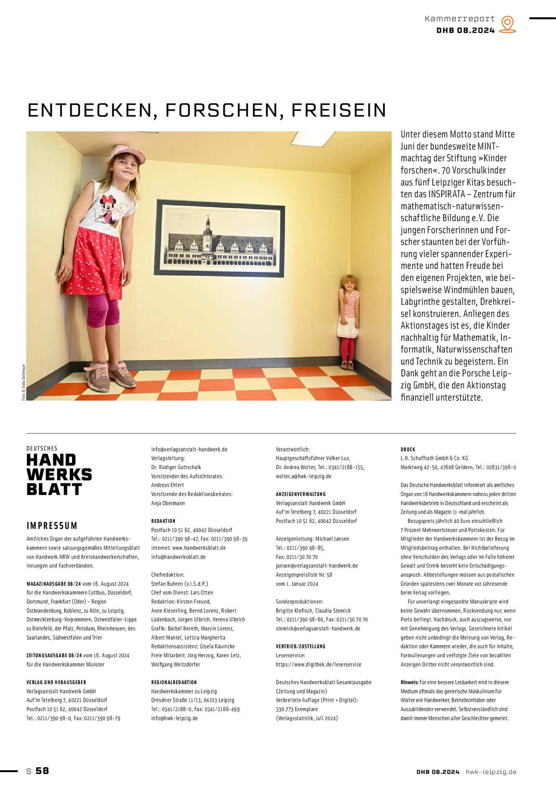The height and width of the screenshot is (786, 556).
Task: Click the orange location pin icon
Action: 507,24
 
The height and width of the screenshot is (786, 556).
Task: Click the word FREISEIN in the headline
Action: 338,110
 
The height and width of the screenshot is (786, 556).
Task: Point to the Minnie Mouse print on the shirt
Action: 109,208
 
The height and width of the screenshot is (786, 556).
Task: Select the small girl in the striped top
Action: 348,321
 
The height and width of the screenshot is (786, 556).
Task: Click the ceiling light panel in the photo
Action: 312,138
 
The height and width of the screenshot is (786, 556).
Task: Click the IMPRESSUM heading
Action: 52,526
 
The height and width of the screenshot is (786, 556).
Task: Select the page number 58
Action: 42,770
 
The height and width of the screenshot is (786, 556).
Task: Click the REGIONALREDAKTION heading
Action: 174,682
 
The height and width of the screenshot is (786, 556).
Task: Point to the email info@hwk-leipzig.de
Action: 174,718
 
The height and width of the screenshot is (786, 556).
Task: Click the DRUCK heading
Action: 408,449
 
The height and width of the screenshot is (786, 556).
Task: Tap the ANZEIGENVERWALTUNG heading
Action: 301,494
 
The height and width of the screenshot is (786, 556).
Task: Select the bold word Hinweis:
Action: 409,682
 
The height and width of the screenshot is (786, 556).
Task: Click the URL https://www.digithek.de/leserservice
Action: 318,664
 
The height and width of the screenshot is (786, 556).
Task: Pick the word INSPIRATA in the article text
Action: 447,194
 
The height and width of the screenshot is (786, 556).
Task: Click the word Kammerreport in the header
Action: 460,19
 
